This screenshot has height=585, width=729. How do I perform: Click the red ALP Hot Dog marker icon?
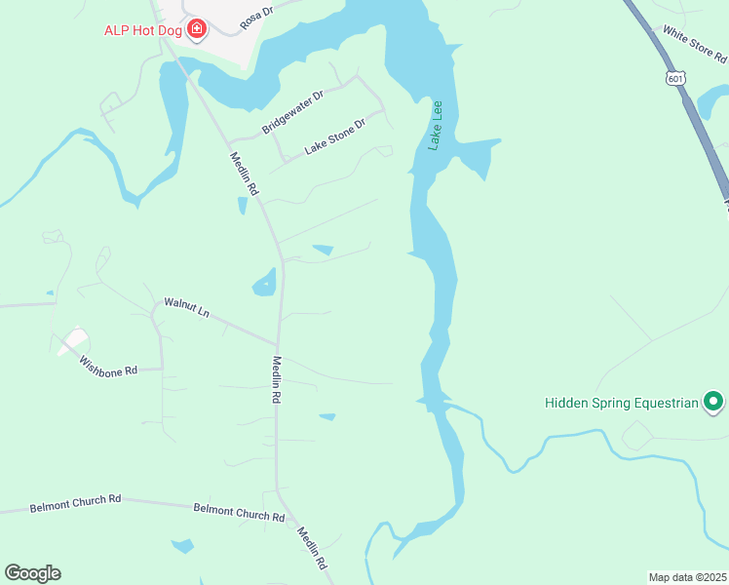(197, 29)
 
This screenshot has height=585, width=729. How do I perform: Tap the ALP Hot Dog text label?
(145, 29)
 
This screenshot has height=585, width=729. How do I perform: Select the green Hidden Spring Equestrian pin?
(713, 401)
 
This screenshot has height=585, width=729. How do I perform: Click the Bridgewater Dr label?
(291, 114)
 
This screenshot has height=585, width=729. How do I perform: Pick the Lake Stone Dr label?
(334, 137)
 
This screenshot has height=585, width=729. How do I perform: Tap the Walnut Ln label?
(186, 308)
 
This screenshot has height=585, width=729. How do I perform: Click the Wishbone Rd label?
(108, 364)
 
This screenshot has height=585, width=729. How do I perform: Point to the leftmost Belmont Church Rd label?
(75, 502)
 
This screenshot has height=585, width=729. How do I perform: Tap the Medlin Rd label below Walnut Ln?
(277, 379)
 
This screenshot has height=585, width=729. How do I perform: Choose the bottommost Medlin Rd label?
(312, 548)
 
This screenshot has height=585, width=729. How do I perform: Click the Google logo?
(32, 573)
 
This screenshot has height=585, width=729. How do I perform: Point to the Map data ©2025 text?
(687, 576)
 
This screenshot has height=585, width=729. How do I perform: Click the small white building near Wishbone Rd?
(72, 341)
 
